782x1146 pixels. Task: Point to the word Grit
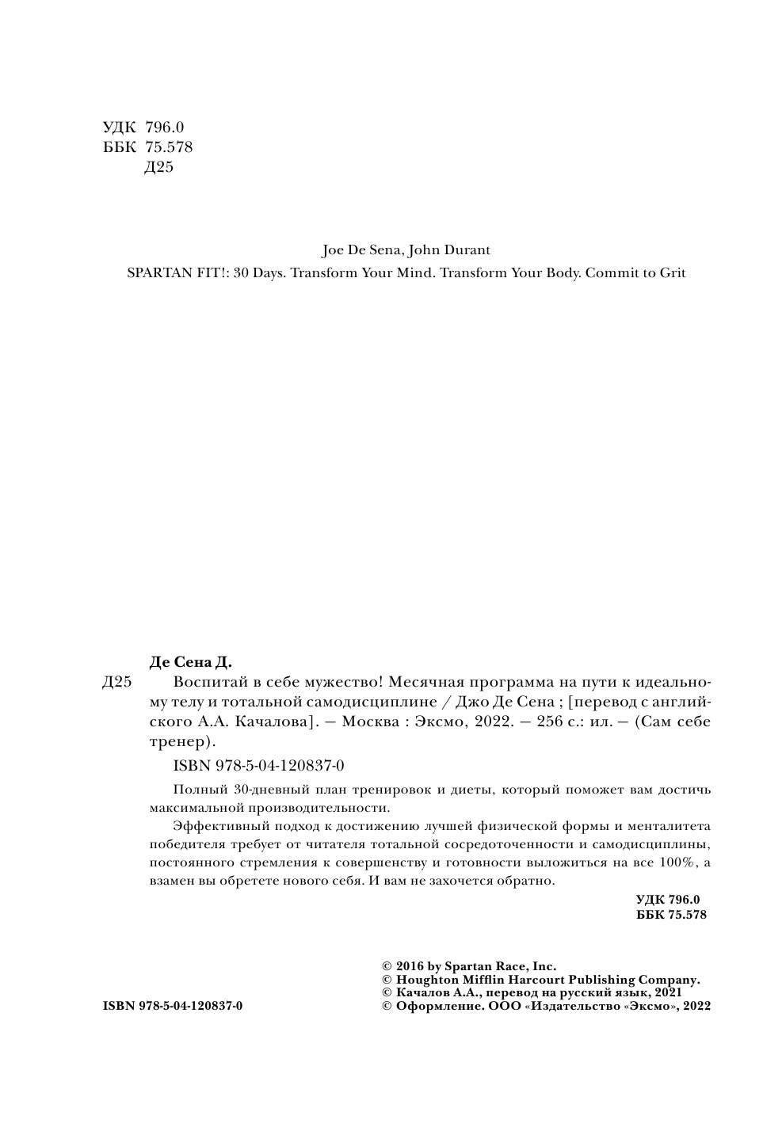670,272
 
